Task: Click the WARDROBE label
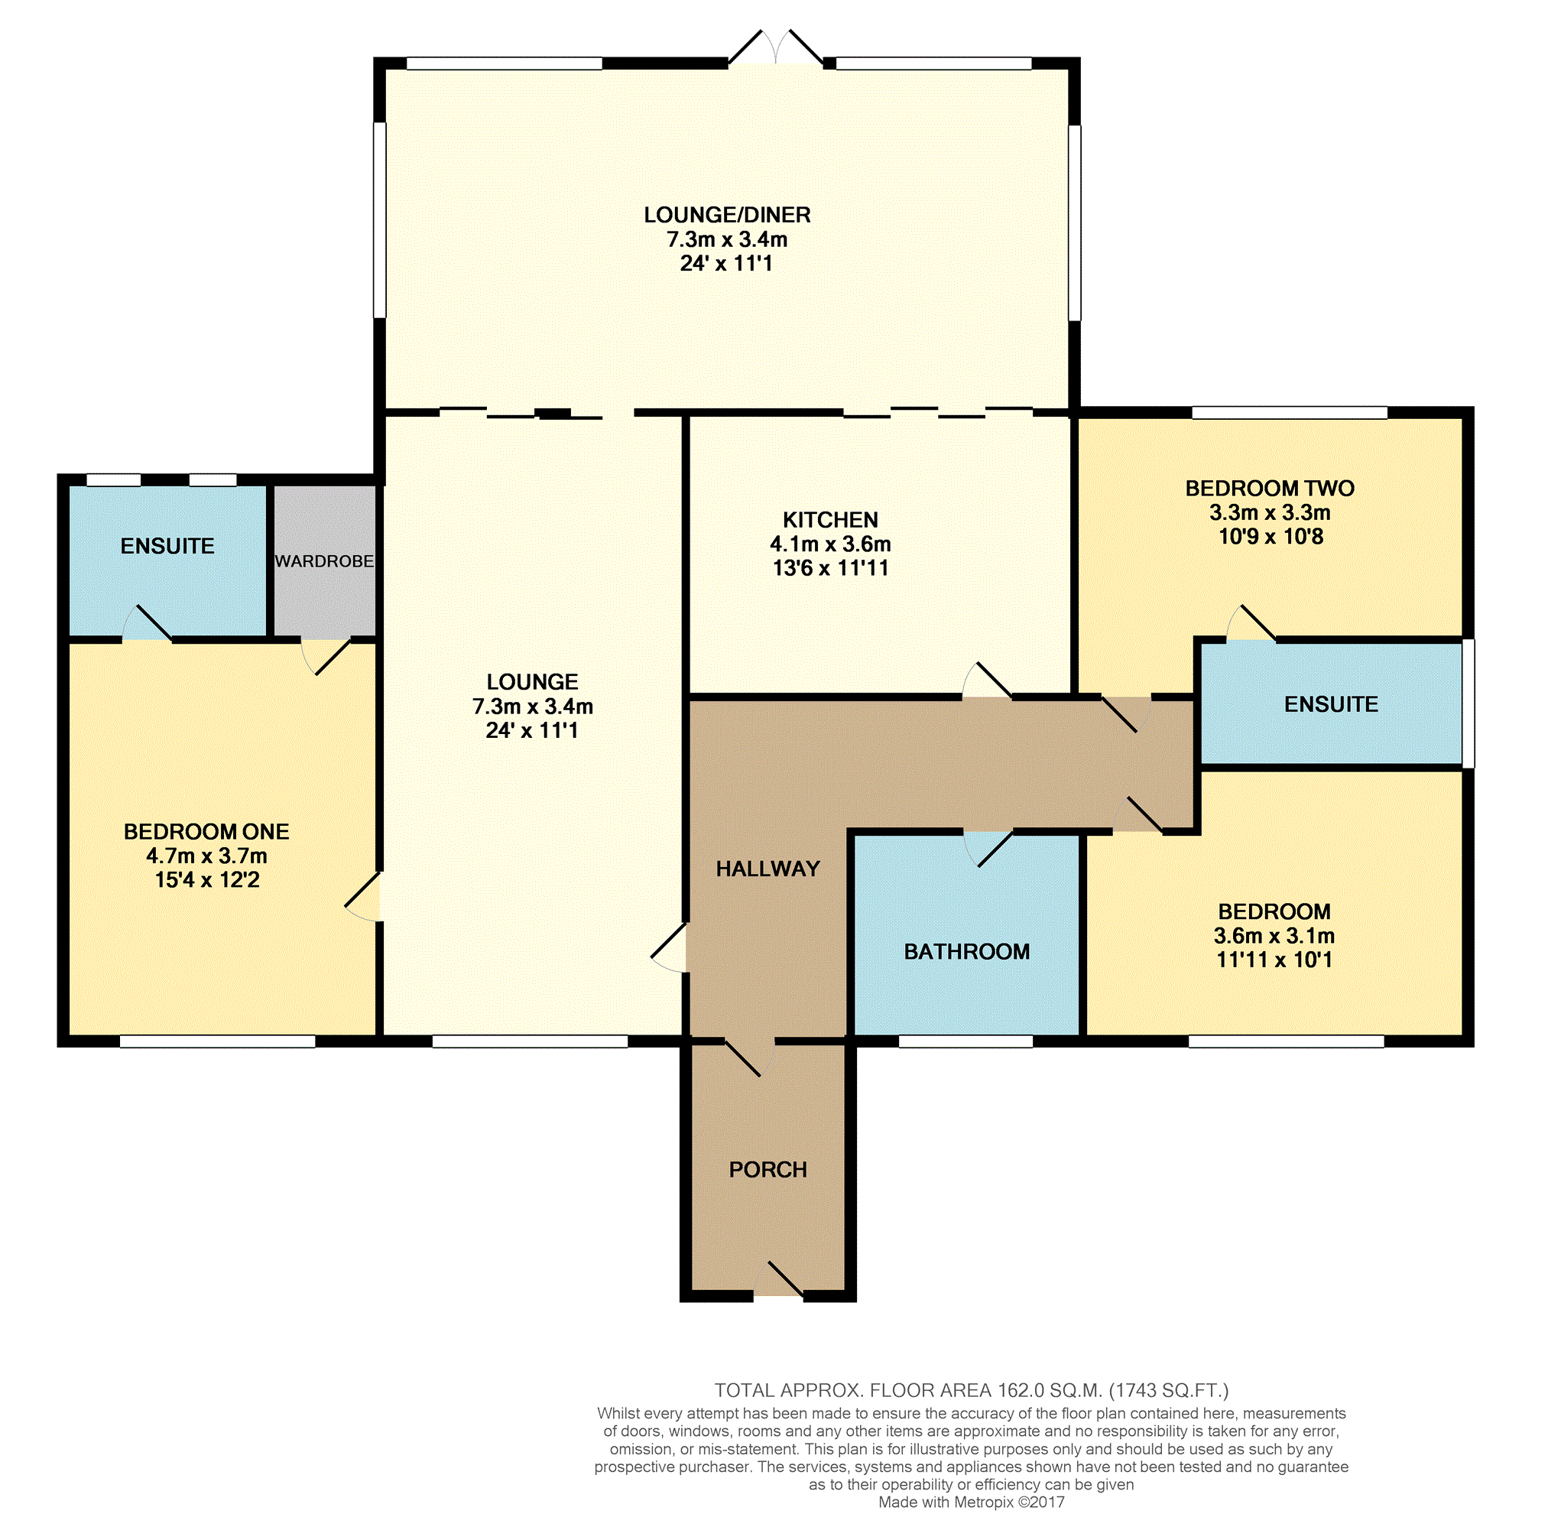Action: [x=324, y=561]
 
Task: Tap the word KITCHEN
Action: [x=830, y=519]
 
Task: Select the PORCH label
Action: [x=768, y=1169]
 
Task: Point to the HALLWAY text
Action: [x=768, y=869]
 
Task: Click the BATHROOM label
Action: [x=966, y=951]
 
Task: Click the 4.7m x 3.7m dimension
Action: [x=206, y=856]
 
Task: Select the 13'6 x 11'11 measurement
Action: [x=830, y=568]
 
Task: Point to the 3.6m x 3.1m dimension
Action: [x=1274, y=935]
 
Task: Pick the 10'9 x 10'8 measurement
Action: [x=1271, y=536]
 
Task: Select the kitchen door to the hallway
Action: [x=987, y=681]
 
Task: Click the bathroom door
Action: [x=988, y=848]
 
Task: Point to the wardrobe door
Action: [x=326, y=657]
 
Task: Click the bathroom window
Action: [x=965, y=1041]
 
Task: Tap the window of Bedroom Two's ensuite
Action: [x=1468, y=703]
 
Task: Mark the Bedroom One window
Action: [x=218, y=1041]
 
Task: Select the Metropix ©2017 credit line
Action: [x=971, y=1502]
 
